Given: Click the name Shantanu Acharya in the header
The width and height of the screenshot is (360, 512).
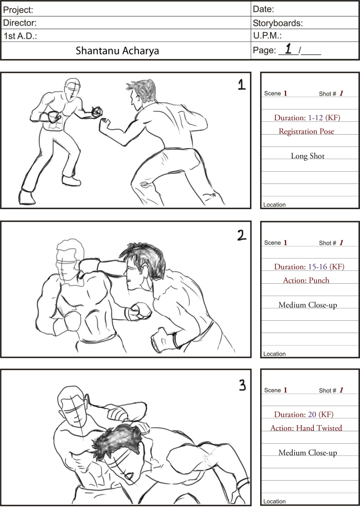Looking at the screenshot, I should [x=117, y=51].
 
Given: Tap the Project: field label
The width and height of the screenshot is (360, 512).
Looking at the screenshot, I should [x=19, y=10].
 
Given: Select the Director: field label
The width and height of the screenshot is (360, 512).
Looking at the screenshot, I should [x=20, y=23].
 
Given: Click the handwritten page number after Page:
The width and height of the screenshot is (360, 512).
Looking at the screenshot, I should [x=288, y=49].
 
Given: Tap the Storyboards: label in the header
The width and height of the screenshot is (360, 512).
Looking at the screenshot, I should [x=277, y=23].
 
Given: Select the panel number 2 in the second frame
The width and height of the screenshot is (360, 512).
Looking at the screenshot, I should [x=240, y=235].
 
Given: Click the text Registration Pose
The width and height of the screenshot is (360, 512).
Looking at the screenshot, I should [x=306, y=132].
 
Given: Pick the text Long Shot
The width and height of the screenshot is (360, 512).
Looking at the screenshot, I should [x=308, y=156].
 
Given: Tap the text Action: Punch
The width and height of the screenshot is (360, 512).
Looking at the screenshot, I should [x=306, y=281].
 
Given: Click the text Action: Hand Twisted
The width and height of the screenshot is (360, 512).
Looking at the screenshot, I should [x=306, y=428].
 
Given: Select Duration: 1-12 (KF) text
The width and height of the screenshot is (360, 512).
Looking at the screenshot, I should [x=307, y=118].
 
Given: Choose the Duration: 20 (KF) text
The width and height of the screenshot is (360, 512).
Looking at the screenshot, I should [x=306, y=414].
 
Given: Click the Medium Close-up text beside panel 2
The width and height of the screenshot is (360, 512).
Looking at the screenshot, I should [x=308, y=305].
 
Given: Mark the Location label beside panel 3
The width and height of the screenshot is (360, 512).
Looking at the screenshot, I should [x=274, y=501].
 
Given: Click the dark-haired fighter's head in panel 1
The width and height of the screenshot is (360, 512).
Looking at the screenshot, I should [x=142, y=94].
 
